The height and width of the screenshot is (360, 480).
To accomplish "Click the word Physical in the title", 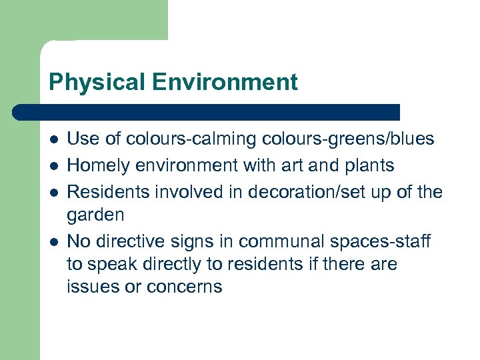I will tap(97, 83).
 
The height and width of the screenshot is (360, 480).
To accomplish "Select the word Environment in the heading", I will tap(225, 83).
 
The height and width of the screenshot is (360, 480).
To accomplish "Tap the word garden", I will tap(95, 215).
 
